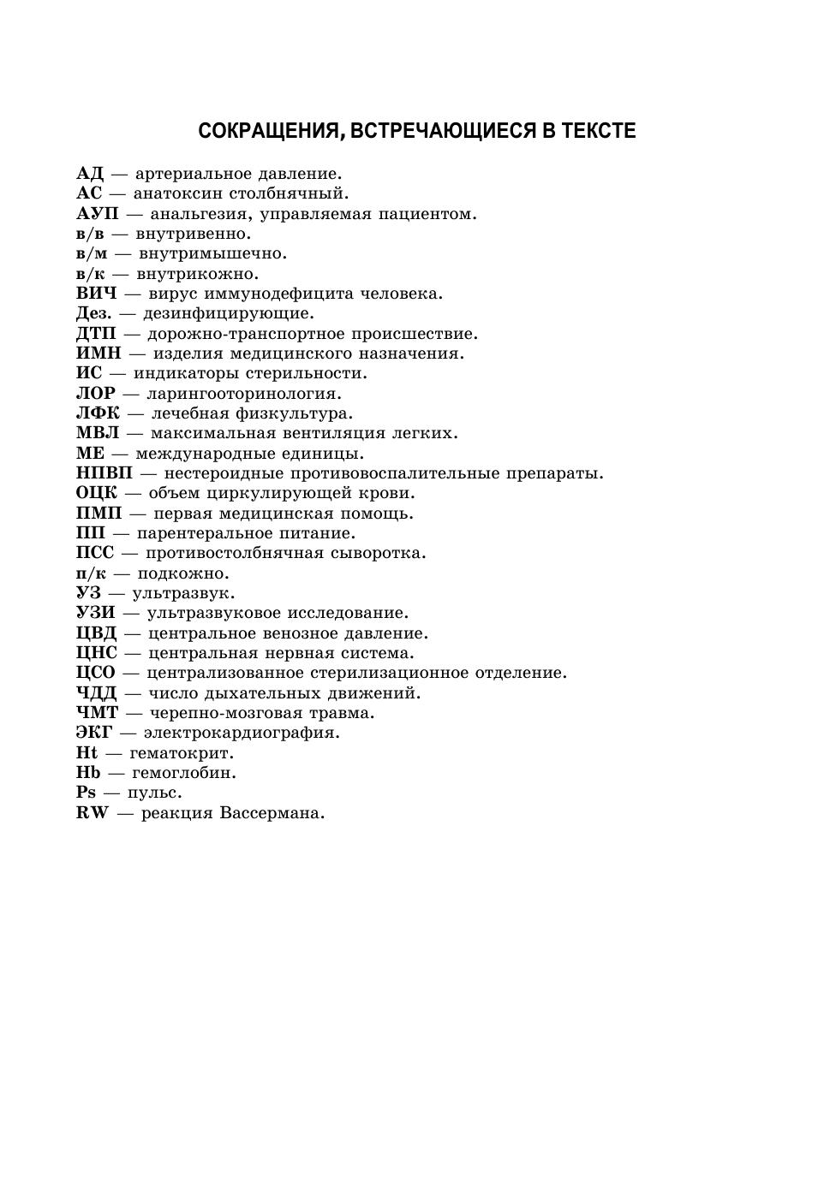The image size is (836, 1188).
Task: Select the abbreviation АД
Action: pyautogui.click(x=89, y=175)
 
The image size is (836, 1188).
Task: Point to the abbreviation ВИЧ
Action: pyautogui.click(x=96, y=294)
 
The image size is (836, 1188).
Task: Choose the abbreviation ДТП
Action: pyautogui.click(x=96, y=334)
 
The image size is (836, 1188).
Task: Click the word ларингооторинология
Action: pyautogui.click(x=243, y=394)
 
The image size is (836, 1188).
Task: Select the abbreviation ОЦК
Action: pyautogui.click(x=97, y=493)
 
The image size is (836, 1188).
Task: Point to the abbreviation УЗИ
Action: pyautogui.click(x=95, y=613)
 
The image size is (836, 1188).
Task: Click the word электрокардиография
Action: pyautogui.click(x=241, y=733)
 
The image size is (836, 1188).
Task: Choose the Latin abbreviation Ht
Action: pyautogui.click(x=87, y=753)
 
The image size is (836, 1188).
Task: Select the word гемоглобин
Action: pyautogui.click(x=183, y=773)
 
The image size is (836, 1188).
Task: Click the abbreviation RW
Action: pyautogui.click(x=93, y=813)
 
